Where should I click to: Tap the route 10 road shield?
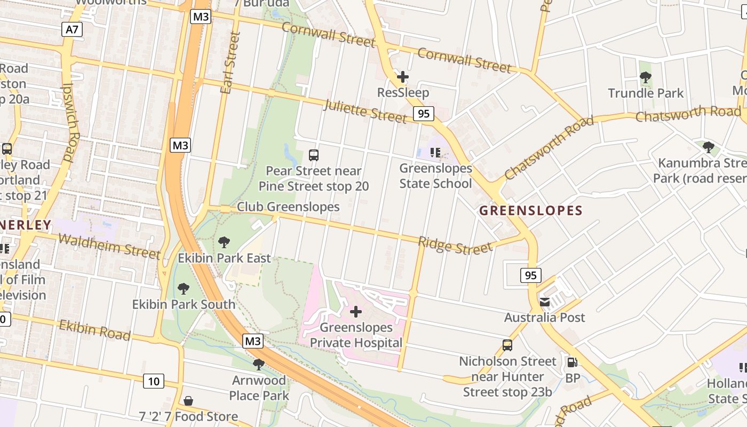(153, 381)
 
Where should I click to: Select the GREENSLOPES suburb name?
(530, 210)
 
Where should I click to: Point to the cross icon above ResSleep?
(403, 77)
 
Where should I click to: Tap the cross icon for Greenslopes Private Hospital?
(356, 312)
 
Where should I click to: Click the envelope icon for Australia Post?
(545, 302)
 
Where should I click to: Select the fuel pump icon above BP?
(572, 362)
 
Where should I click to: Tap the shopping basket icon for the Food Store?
(188, 401)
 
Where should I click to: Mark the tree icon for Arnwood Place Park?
(259, 365)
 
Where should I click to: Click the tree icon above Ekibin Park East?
(224, 242)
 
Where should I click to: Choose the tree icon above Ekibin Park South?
(184, 289)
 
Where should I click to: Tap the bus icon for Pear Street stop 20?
(314, 155)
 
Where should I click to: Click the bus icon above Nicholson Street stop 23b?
(507, 345)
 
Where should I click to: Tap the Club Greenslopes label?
(288, 207)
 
